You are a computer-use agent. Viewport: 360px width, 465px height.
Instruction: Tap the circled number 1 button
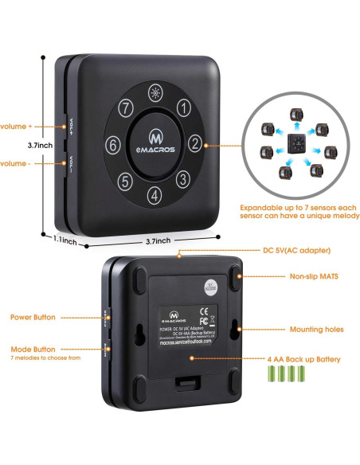coord(182,107)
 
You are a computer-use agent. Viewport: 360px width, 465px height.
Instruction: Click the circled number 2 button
coord(194,144)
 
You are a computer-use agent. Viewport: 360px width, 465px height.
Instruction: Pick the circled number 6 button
coord(113,145)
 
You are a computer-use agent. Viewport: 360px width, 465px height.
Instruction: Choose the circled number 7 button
coord(125,107)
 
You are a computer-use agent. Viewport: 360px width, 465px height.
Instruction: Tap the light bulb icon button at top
coord(154,92)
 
